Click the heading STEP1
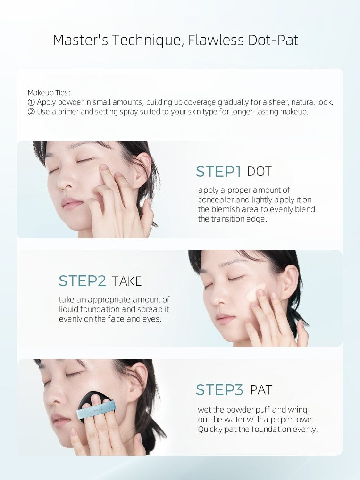(218, 172)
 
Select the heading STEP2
(82, 281)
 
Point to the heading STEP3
(219, 390)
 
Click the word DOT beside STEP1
(259, 172)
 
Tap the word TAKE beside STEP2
(126, 281)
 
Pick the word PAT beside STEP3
(261, 390)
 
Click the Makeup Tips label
(49, 93)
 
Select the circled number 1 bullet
(31, 102)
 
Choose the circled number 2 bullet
(31, 112)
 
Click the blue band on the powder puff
(96, 409)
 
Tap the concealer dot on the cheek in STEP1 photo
(97, 167)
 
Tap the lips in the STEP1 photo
(72, 204)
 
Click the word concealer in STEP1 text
(216, 200)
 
